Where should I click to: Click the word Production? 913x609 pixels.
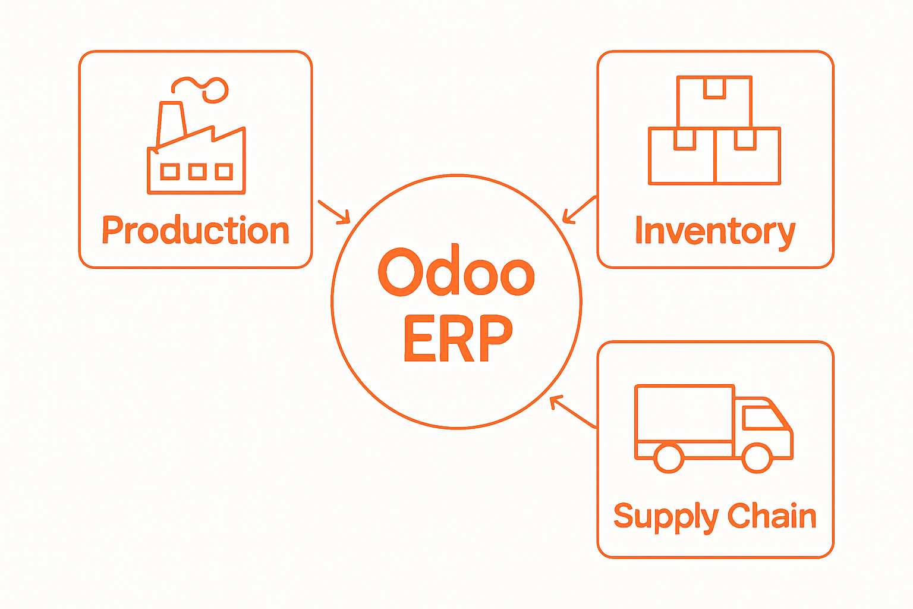click(196, 231)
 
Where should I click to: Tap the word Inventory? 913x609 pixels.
click(715, 231)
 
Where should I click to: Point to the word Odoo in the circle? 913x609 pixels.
click(456, 272)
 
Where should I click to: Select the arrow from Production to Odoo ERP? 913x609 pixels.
click(335, 212)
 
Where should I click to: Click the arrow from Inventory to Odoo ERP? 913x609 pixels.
click(578, 210)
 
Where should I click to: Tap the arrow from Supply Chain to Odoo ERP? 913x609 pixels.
click(572, 412)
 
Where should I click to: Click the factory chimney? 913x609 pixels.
click(172, 123)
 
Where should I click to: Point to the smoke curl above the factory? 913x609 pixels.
click(202, 87)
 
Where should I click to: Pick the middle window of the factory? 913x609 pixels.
click(197, 172)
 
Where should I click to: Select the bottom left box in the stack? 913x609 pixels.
click(682, 156)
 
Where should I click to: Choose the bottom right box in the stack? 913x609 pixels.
click(748, 156)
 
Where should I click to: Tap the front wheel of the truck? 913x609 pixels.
click(757, 457)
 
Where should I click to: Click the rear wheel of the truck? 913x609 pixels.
click(669, 457)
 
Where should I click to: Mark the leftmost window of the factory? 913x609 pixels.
click(170, 172)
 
